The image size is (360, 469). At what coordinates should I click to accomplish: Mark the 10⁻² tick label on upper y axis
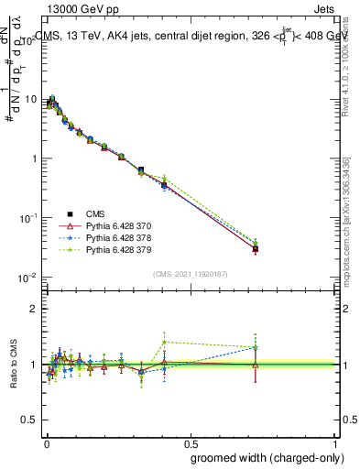[28, 277]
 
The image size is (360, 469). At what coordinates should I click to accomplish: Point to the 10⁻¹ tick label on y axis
[28, 218]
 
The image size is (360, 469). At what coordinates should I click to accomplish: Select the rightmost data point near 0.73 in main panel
[256, 247]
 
